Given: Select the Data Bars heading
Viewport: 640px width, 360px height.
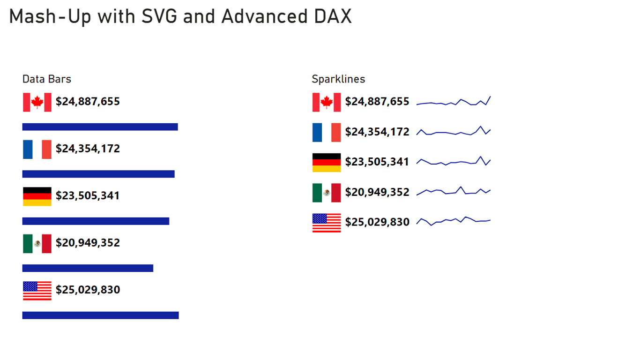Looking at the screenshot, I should click(47, 79).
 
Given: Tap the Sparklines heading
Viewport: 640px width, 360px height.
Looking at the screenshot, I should click(338, 79).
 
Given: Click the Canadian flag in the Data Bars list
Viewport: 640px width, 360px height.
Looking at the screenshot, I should click(37, 102).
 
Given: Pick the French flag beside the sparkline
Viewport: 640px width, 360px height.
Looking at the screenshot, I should click(327, 132).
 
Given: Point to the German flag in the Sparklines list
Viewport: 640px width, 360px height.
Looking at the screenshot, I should click(327, 162).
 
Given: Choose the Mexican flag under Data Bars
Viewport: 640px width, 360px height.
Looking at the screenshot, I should click(37, 243).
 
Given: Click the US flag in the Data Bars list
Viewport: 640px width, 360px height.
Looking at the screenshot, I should click(37, 291).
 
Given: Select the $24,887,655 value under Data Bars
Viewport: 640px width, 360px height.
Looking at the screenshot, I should click(88, 102).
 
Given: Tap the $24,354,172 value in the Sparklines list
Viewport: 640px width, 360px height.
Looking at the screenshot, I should click(377, 132).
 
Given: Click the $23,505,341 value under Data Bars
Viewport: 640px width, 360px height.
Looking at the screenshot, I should click(88, 195).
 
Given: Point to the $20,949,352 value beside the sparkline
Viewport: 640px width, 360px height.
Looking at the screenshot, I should click(377, 192).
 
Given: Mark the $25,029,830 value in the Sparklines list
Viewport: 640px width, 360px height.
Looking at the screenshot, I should click(377, 222).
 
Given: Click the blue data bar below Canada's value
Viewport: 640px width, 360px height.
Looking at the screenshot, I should click(100, 127).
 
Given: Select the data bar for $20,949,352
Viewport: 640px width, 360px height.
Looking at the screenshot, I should click(88, 268).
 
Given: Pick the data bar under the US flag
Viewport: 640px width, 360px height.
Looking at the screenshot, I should click(100, 315).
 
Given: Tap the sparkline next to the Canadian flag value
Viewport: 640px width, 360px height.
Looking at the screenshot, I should click(453, 102).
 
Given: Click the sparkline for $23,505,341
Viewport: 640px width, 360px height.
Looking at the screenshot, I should click(453, 162).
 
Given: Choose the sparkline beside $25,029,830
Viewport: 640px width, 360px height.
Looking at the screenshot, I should click(453, 220).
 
